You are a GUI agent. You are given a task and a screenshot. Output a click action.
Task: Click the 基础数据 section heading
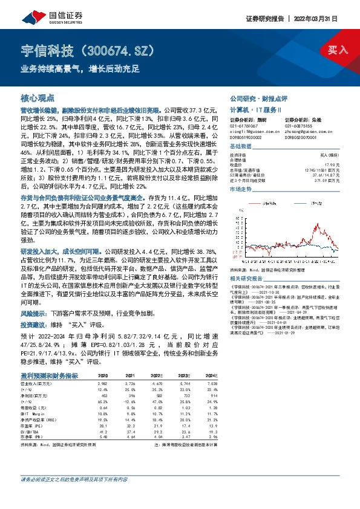(241, 146)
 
